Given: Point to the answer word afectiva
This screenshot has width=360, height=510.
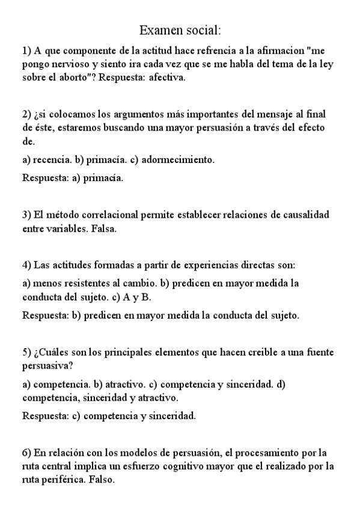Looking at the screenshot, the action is click(169, 77).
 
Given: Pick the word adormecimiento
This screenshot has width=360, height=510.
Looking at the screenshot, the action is click(178, 160).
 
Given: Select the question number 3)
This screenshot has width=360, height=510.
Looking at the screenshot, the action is click(27, 215).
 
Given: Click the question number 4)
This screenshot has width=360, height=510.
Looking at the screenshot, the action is click(27, 265).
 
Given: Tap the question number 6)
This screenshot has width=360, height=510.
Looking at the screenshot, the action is click(27, 452).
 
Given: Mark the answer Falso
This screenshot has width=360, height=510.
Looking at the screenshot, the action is click(102, 480).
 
